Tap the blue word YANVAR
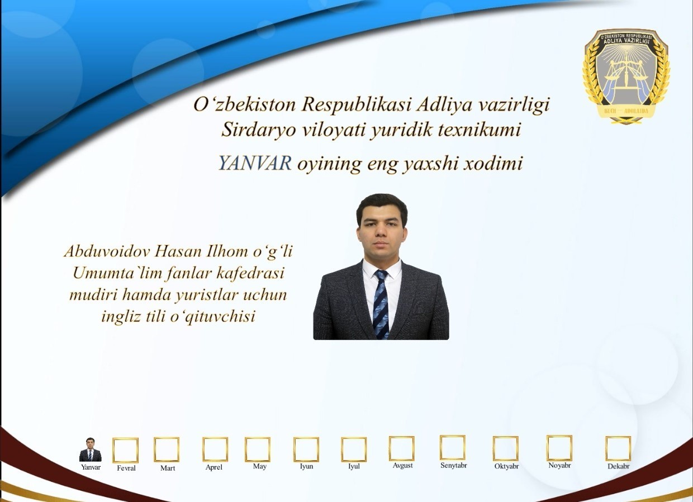[x=255, y=163]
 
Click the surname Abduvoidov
[x=106, y=251]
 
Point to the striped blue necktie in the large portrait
[x=381, y=304]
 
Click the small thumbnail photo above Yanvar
[x=90, y=450]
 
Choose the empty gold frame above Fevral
[x=125, y=450]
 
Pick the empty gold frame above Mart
[x=167, y=450]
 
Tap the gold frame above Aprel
[x=215, y=450]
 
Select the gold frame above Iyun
[x=306, y=450]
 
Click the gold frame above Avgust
[x=402, y=448]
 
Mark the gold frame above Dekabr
[x=618, y=448]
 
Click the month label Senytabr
[x=454, y=465]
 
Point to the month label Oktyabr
[x=506, y=466]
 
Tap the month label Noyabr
[x=559, y=465]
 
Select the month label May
[x=259, y=466]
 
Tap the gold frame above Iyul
[x=354, y=450]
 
